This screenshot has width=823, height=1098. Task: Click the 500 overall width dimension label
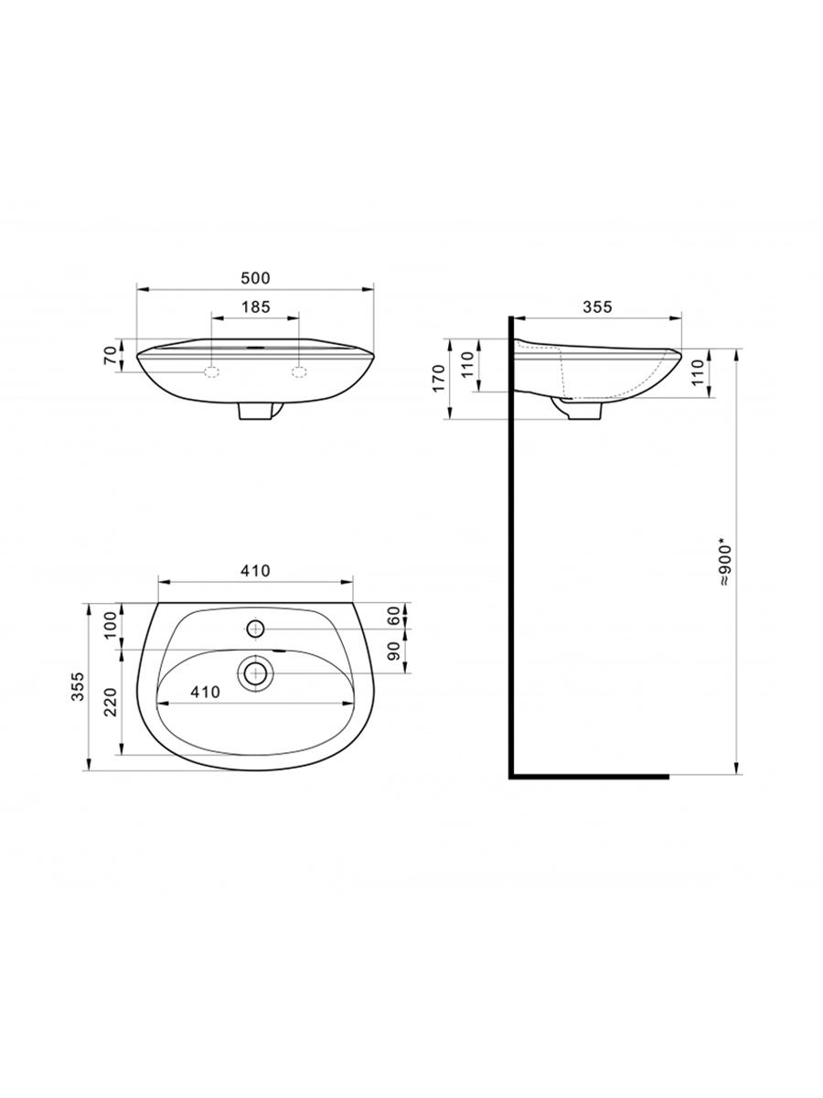pyautogui.click(x=255, y=278)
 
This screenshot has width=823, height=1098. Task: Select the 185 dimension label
pyautogui.click(x=256, y=307)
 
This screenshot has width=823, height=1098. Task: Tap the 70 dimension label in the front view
pyautogui.click(x=111, y=355)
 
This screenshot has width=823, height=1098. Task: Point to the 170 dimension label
pyautogui.click(x=438, y=378)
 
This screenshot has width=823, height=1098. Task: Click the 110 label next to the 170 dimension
pyautogui.click(x=466, y=364)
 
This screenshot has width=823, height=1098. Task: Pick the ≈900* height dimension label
pyautogui.click(x=724, y=561)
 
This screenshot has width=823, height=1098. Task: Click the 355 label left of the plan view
pyautogui.click(x=78, y=686)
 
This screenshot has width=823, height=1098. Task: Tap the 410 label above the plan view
pyautogui.click(x=255, y=570)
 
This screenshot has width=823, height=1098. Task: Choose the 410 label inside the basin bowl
pyautogui.click(x=205, y=692)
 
